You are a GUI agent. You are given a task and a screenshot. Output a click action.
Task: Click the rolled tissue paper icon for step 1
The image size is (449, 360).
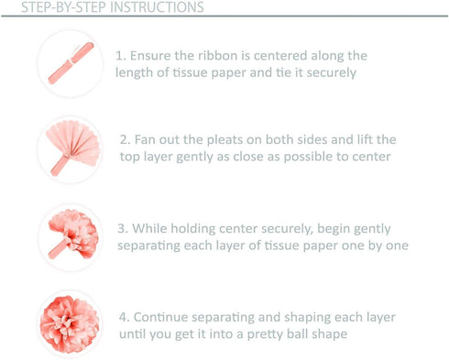[x=71, y=63]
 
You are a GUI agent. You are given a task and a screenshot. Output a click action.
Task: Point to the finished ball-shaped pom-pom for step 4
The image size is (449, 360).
[x=70, y=324]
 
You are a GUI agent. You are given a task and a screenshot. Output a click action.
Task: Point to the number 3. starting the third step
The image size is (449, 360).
[x=123, y=228]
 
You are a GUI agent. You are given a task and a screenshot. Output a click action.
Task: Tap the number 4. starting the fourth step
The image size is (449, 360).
[x=125, y=317]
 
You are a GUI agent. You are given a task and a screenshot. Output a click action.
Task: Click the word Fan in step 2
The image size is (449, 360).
[x=145, y=140]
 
